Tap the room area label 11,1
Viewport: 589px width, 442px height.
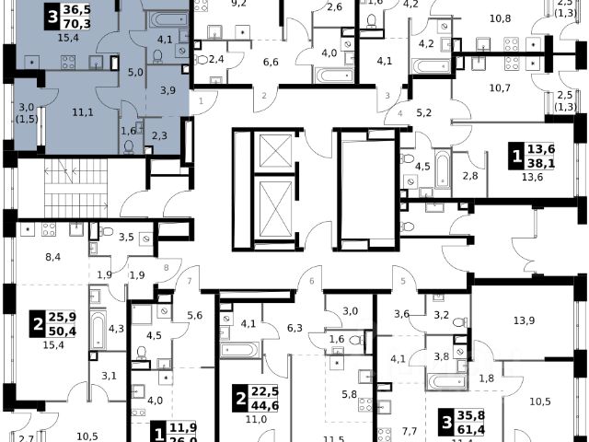84,111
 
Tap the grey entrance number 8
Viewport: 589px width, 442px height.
166,268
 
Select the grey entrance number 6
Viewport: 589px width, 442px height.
312,281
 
